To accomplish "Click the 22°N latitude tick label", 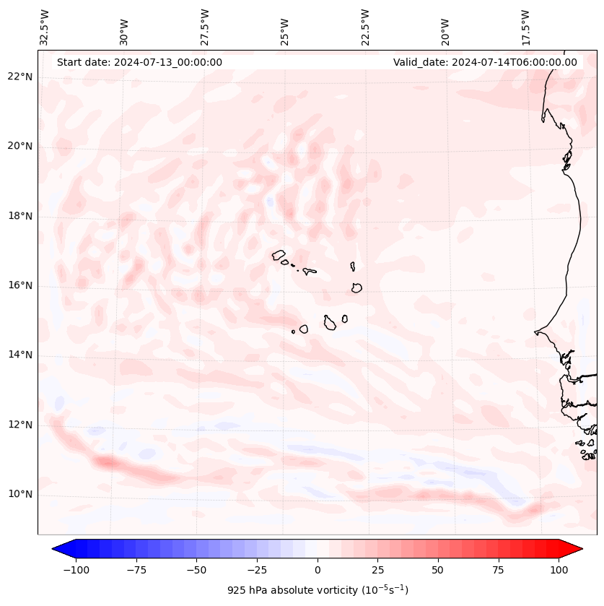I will [20, 77].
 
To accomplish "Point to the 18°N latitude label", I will [20, 216].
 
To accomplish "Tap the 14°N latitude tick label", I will [20, 355].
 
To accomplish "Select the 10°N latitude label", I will [20, 494].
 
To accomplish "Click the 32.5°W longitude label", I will [45, 27].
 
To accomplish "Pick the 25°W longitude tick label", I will [286, 27].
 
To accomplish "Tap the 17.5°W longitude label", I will [526, 27].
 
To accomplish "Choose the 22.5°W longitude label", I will [365, 27].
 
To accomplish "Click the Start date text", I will [139, 62].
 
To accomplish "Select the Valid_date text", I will [485, 62].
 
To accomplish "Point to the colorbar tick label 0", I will [318, 570].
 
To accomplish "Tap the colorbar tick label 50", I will [438, 570].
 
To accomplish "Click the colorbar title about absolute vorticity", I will [318, 590].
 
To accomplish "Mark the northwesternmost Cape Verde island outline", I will [279, 254].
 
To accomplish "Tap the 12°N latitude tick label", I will [20, 425].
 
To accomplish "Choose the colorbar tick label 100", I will [559, 570].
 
